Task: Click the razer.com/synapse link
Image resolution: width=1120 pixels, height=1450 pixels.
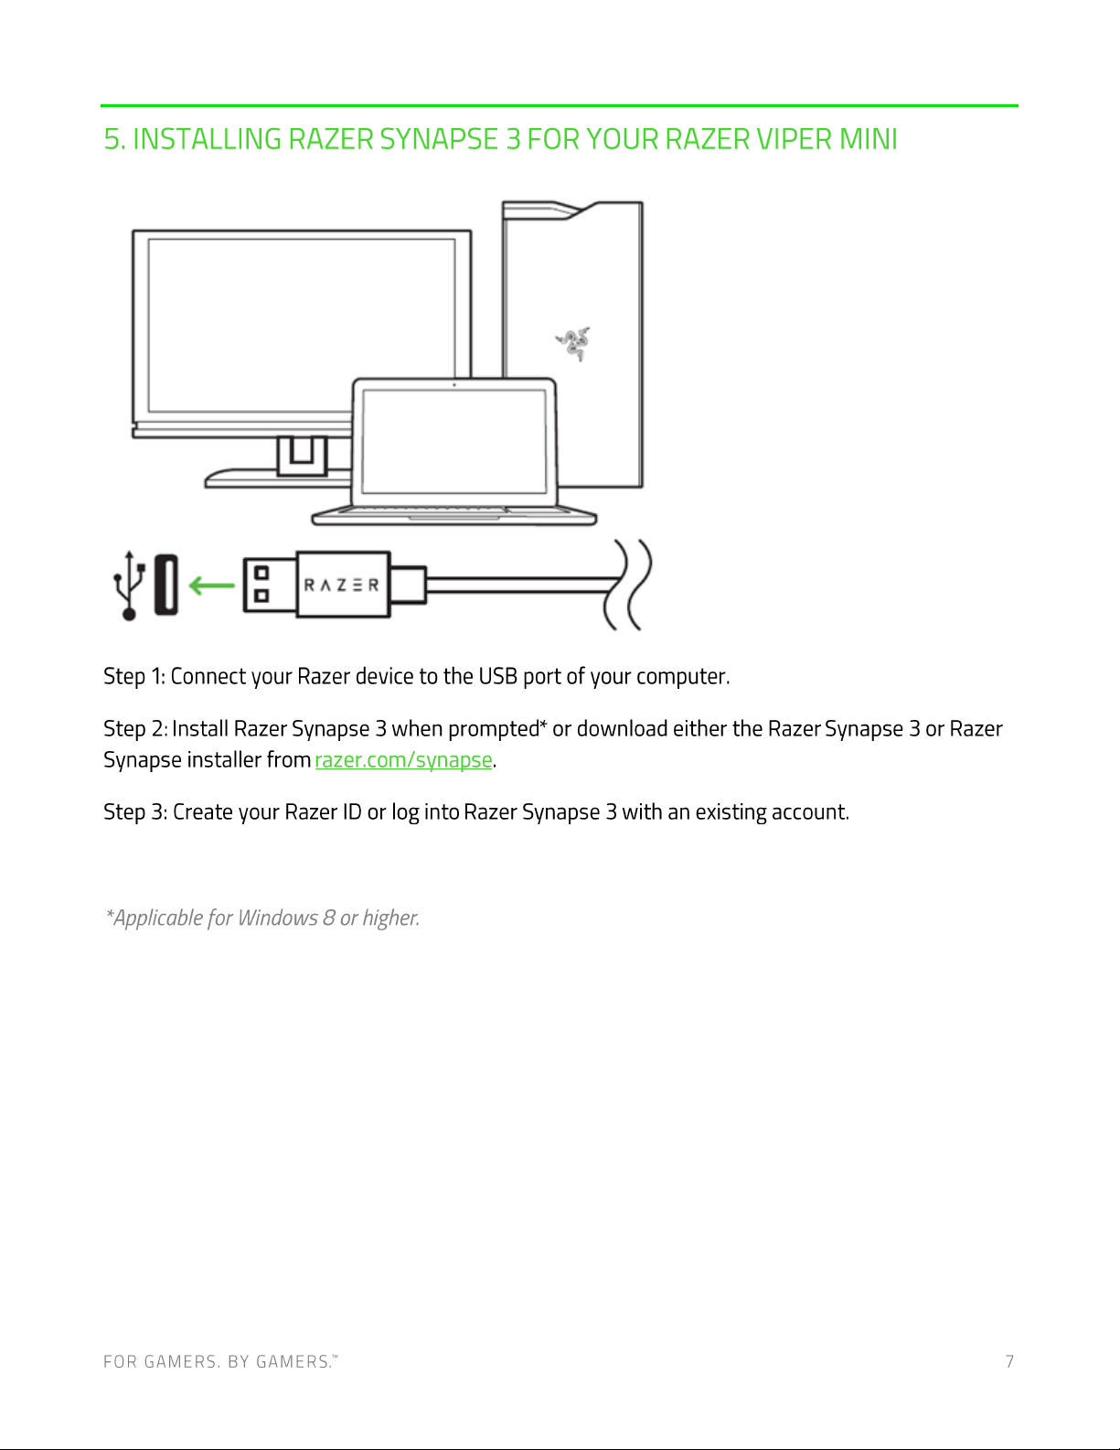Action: pos(403,760)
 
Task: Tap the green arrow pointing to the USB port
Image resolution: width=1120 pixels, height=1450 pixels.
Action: pos(212,585)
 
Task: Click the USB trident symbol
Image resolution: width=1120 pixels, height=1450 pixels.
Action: pos(129,585)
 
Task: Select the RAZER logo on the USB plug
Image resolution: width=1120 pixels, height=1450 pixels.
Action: pos(341,585)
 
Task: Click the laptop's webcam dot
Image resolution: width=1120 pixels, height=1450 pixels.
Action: pos(454,385)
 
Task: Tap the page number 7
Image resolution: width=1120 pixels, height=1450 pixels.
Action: pos(1010,1361)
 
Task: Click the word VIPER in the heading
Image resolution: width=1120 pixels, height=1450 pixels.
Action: pos(794,139)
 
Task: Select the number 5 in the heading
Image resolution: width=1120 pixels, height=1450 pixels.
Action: pos(112,139)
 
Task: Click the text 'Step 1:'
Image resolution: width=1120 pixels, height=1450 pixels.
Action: pos(134,677)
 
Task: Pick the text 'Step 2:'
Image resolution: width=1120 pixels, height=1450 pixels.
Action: pos(135,729)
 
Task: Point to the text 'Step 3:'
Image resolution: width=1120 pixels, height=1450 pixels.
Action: pos(135,812)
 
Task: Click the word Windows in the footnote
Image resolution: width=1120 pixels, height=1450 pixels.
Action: pos(277,918)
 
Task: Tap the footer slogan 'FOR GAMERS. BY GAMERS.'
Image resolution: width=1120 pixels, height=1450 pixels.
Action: pos(220,1361)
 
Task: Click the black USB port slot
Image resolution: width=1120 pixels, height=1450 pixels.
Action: pos(166,585)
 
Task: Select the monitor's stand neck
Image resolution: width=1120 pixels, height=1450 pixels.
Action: pos(302,455)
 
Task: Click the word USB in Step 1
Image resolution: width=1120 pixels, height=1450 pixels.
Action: pos(498,676)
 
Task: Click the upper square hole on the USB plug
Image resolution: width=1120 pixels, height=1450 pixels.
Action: pos(262,573)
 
